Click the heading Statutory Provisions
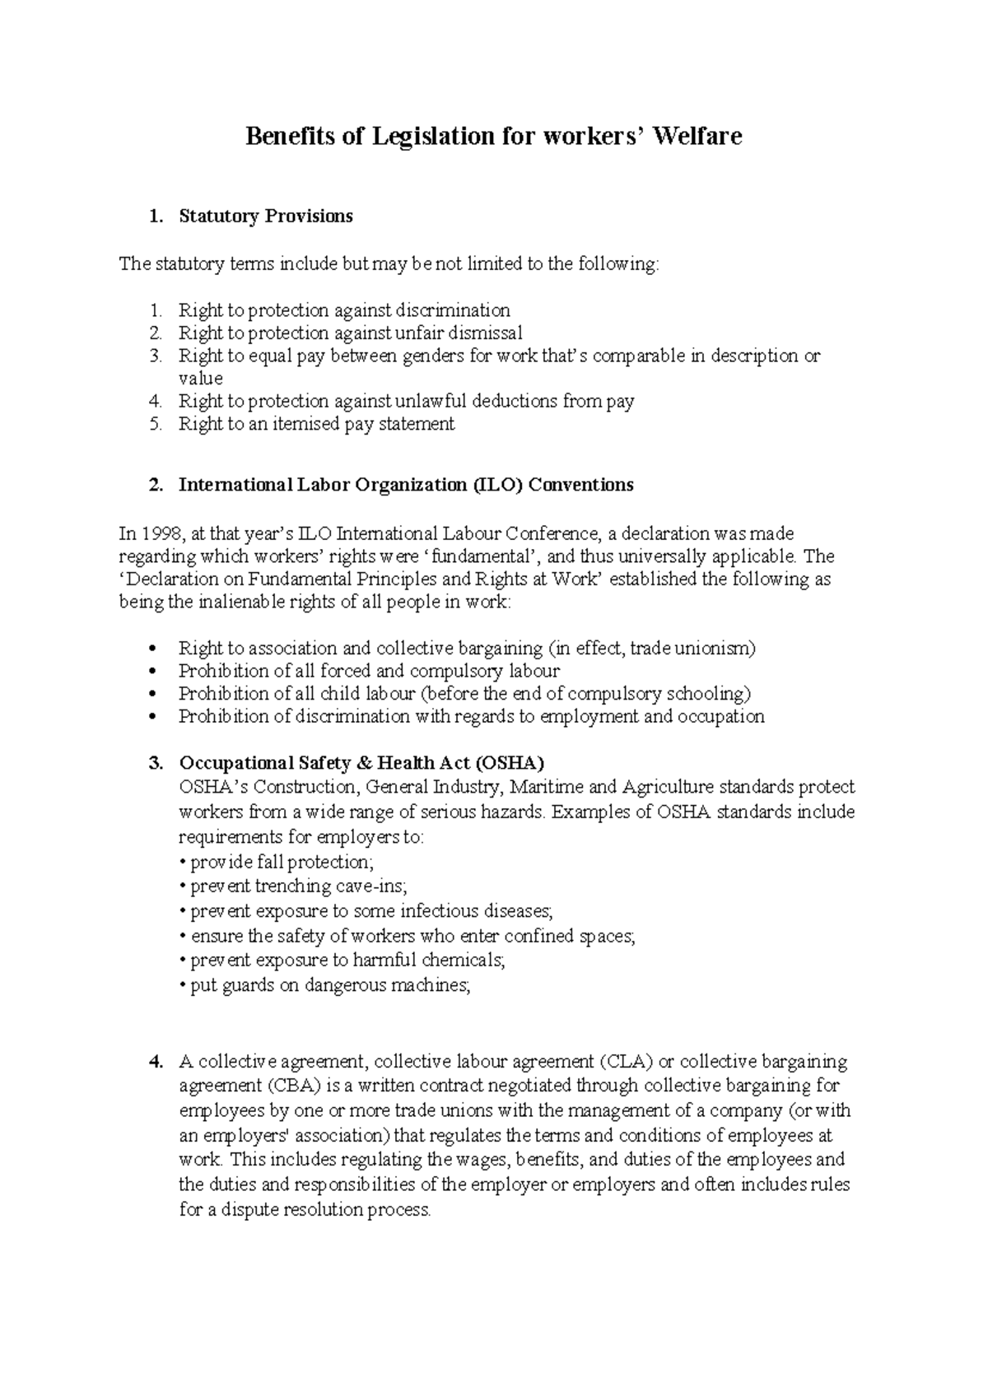click(265, 216)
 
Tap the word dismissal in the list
click(485, 333)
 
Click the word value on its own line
click(200, 379)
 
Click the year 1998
click(159, 533)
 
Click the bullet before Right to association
click(155, 649)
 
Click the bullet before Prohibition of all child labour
click(155, 694)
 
